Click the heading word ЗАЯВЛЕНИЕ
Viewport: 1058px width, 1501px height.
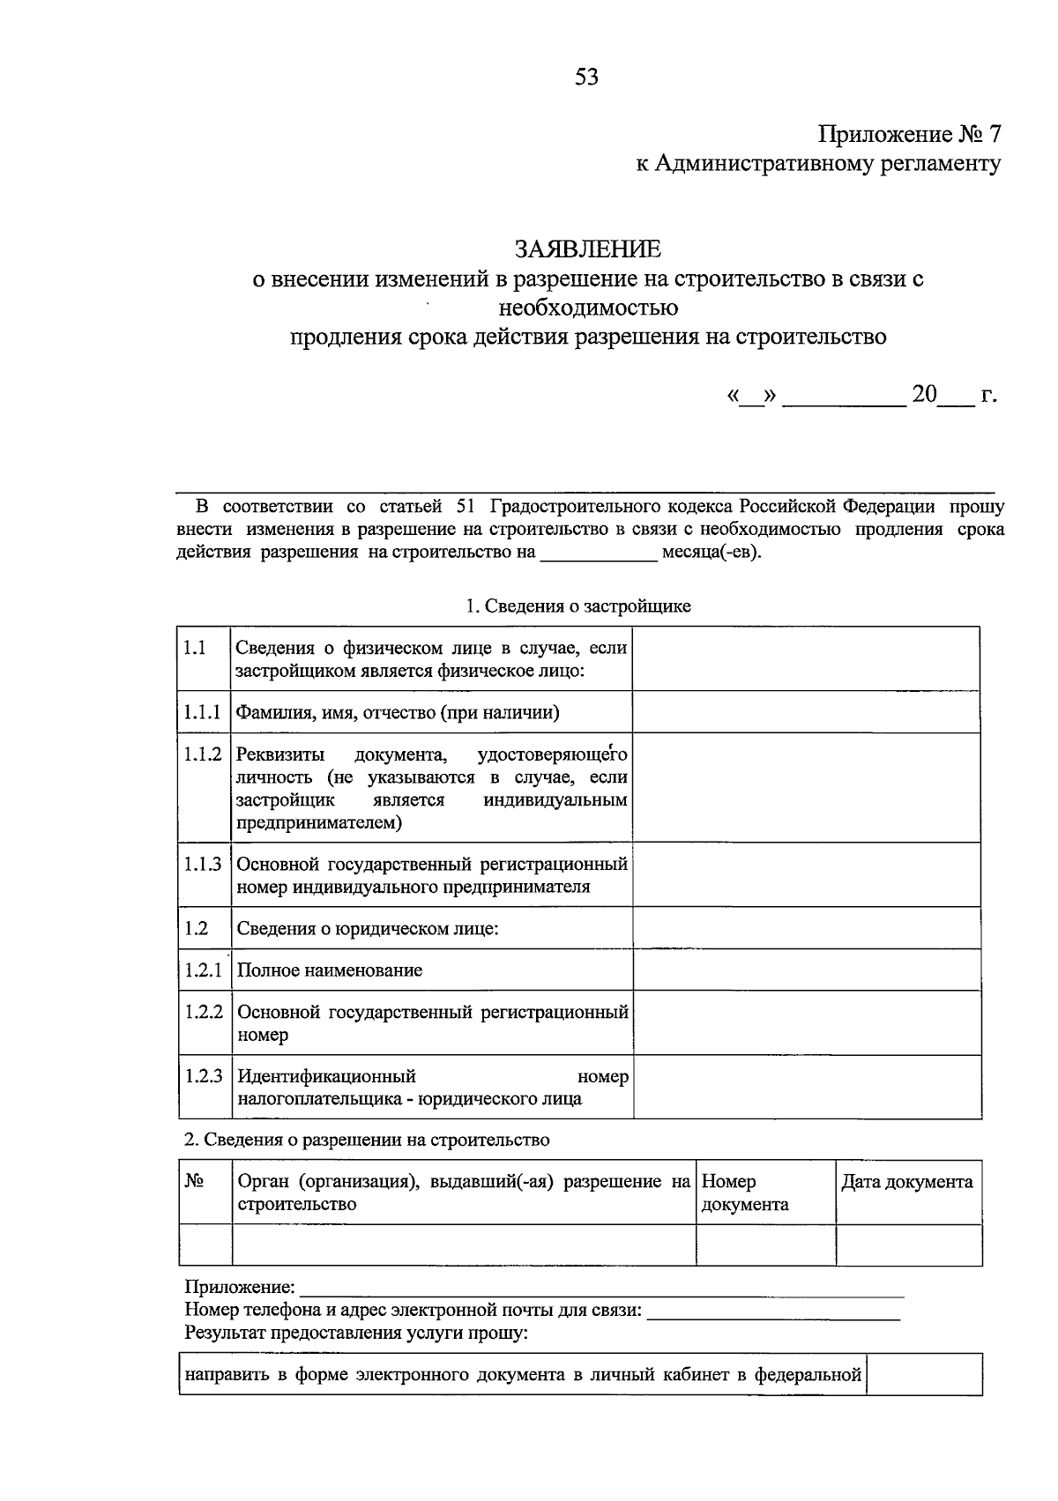[587, 249]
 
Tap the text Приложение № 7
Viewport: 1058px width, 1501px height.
[910, 135]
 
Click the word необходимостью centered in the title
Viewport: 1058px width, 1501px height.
[588, 308]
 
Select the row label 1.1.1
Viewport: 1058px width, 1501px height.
[203, 712]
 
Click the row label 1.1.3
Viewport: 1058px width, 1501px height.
[203, 865]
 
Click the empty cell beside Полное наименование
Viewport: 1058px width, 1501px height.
[807, 970]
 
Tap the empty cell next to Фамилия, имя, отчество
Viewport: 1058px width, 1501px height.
[807, 712]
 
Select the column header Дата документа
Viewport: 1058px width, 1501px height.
[907, 1182]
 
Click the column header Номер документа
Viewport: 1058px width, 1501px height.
[744, 1193]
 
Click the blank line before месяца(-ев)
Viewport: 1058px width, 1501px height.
[599, 554]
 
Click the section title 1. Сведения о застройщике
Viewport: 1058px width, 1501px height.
[578, 606]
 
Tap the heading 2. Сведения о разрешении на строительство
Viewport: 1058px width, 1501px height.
[367, 1140]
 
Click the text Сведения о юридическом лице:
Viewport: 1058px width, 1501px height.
[368, 929]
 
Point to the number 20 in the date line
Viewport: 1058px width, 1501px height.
[925, 395]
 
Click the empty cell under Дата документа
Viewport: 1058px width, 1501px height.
[908, 1245]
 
